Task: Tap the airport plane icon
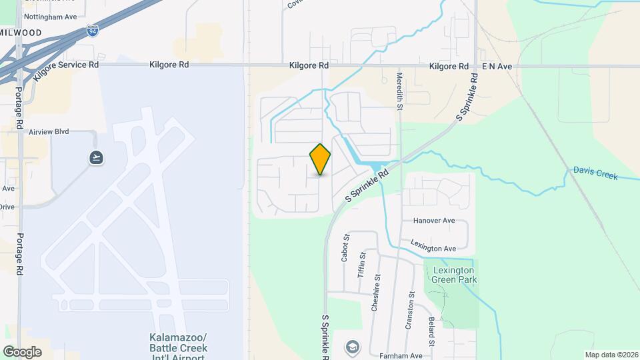point(96,157)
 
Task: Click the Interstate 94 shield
point(91,31)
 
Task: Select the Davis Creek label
point(595,173)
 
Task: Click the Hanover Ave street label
point(433,221)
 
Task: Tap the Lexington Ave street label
point(433,245)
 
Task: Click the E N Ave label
point(496,67)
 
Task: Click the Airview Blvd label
point(49,132)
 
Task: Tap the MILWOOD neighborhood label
point(21,32)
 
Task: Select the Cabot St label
point(345,247)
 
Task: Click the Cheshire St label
point(377,287)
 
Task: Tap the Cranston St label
point(410,311)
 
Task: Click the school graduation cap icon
point(351,347)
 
